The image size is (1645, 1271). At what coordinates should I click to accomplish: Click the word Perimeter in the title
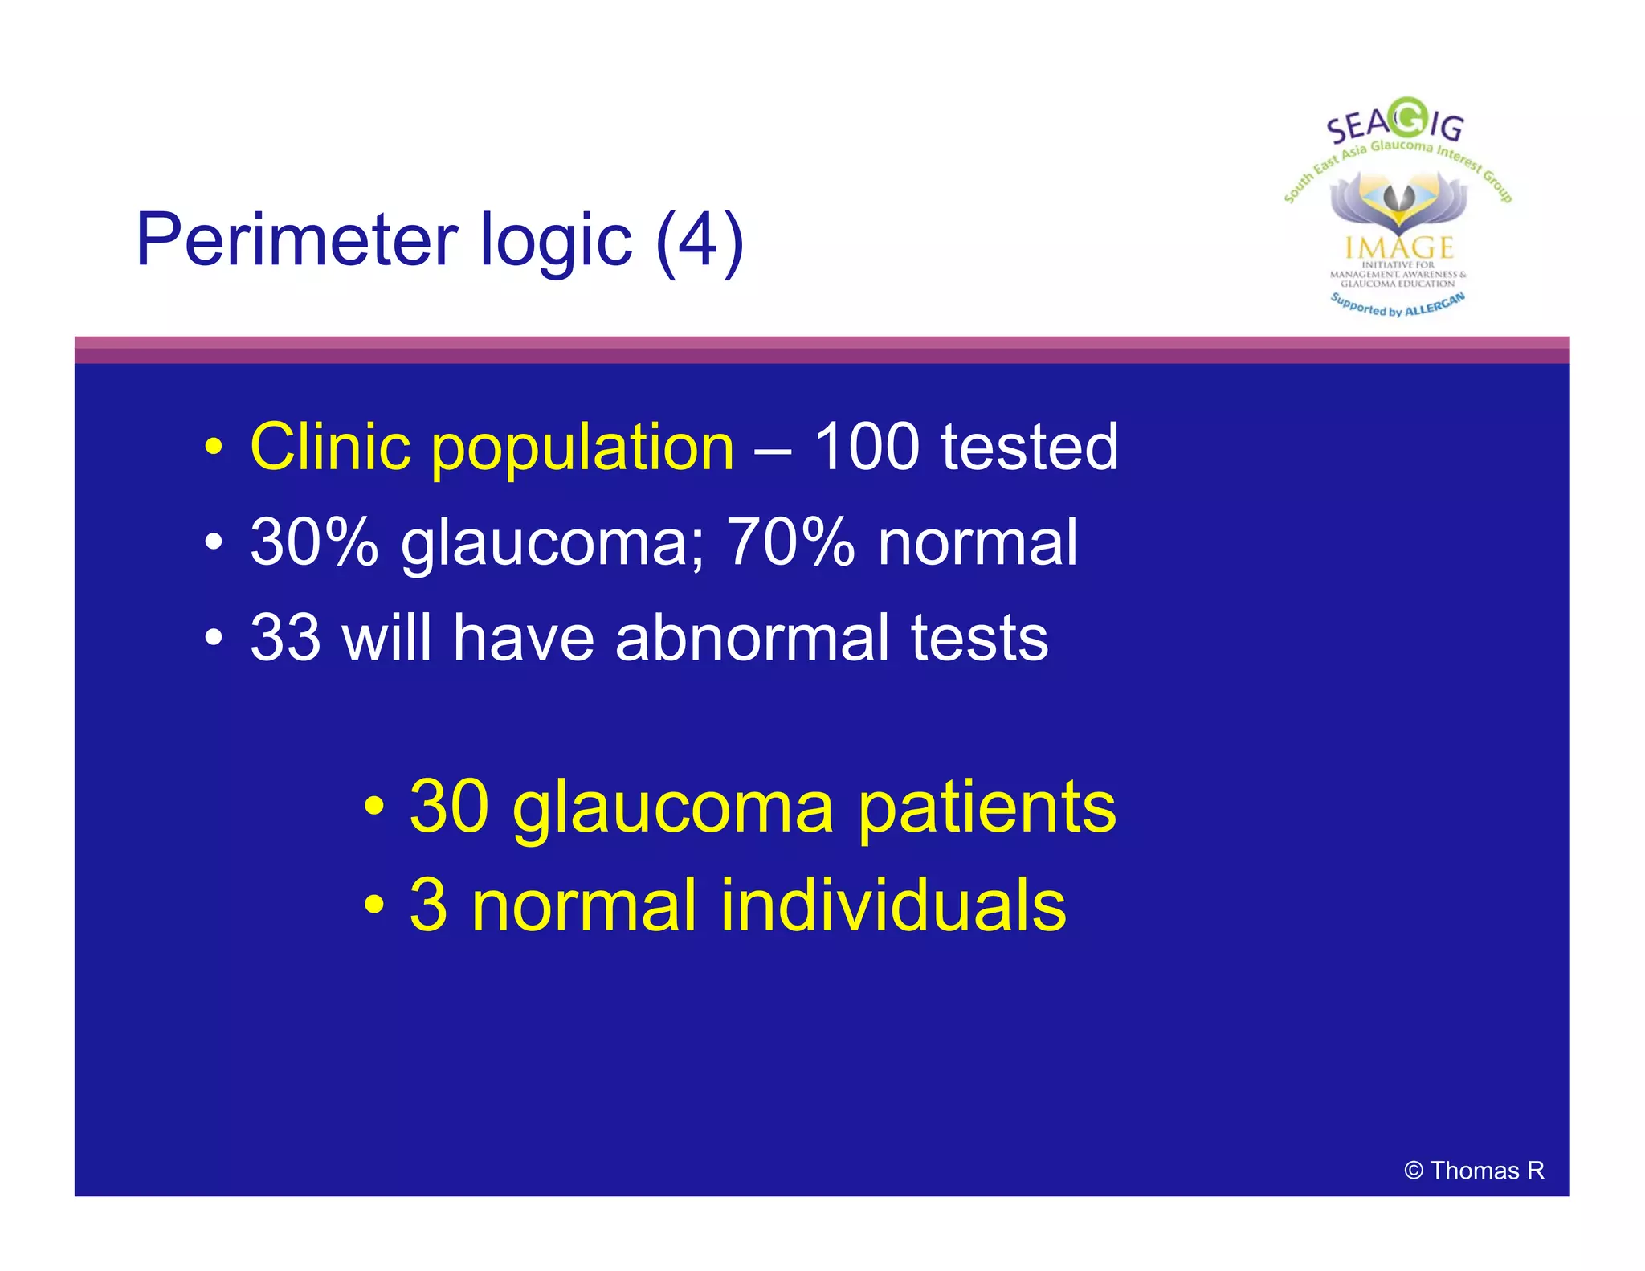pyautogui.click(x=298, y=240)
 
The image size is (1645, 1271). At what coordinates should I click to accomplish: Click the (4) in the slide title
pyautogui.click(x=700, y=240)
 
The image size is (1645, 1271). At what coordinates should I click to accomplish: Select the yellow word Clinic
pyautogui.click(x=329, y=447)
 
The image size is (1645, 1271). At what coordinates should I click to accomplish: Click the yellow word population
pyautogui.click(x=582, y=448)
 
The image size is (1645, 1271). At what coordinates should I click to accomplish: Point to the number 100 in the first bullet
pyautogui.click(x=867, y=447)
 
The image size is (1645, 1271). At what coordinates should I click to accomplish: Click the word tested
pyautogui.click(x=1030, y=447)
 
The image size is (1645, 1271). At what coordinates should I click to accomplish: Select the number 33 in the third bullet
pyautogui.click(x=286, y=638)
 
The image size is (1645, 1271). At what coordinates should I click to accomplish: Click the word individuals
pyautogui.click(x=892, y=905)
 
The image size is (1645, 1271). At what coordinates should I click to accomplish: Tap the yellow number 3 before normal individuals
pyautogui.click(x=428, y=905)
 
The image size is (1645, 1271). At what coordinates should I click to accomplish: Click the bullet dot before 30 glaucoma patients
pyautogui.click(x=374, y=806)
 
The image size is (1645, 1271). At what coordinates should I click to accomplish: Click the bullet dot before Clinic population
pyautogui.click(x=213, y=448)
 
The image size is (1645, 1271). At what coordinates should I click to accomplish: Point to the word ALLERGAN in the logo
pyautogui.click(x=1435, y=305)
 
